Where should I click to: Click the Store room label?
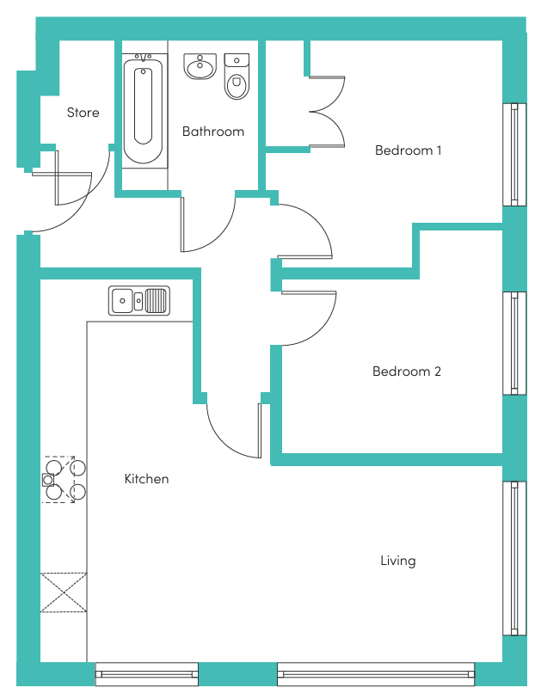coord(83,113)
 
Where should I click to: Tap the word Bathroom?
coord(213,132)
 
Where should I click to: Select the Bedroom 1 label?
coord(409,150)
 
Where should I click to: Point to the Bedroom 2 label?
coord(407,371)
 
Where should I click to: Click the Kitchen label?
coord(146,479)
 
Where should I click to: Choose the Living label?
coord(398,561)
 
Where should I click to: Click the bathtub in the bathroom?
coord(144,110)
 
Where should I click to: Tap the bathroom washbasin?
coord(200,66)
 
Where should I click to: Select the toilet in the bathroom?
coord(237,77)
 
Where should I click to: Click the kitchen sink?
coord(139,301)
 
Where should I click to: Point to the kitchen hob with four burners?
coord(64,480)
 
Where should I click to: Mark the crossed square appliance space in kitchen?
coord(64,593)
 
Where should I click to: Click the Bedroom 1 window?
coord(514,155)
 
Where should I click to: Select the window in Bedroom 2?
coord(514,343)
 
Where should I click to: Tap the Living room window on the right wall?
coord(514,558)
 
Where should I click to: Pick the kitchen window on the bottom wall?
coord(147,674)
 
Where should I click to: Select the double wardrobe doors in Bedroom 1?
coord(327,112)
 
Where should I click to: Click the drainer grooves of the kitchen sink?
coord(156,300)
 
